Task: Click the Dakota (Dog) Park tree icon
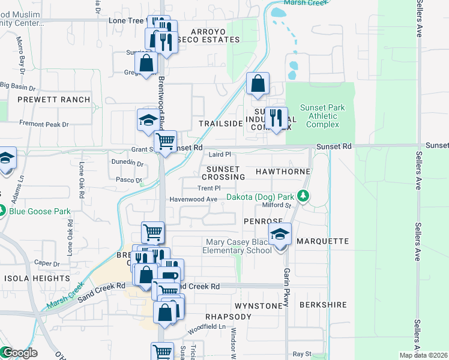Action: (304, 197)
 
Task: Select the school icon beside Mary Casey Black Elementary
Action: (280, 235)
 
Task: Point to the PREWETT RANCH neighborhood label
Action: (53, 100)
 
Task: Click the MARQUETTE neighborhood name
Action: (322, 241)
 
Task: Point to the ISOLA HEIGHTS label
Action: (30, 279)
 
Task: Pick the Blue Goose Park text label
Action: (40, 211)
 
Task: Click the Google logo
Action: (19, 353)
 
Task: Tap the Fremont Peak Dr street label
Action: (44, 124)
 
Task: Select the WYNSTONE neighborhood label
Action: (258, 306)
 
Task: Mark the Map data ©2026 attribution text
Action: (423, 355)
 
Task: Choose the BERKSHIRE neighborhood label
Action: (324, 305)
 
